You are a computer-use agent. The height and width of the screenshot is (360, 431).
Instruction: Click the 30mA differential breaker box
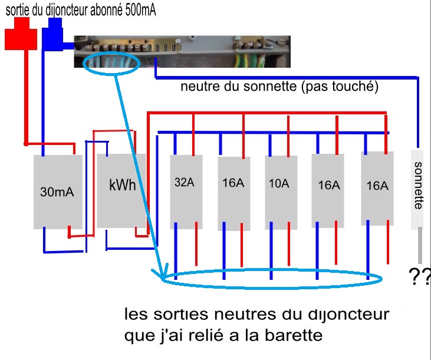tap(57, 191)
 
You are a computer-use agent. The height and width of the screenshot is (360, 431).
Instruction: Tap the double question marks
tap(419, 276)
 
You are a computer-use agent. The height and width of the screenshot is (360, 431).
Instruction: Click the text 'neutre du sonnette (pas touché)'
tap(279, 87)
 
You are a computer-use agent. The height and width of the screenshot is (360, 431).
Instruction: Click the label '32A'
tap(185, 183)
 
